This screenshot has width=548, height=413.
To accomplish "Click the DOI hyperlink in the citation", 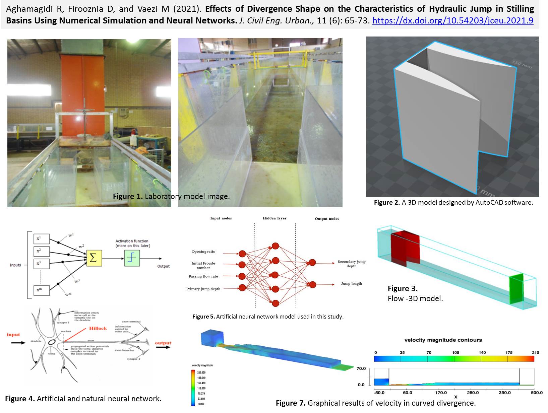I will pos(452,21).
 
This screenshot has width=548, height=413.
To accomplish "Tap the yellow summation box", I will pos(94,258).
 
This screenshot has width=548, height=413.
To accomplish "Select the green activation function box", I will pos(132,258).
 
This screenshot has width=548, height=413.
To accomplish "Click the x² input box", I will pos(42,251).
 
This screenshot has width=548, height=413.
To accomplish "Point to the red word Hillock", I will pos(98,328).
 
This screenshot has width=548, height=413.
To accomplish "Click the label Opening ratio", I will pos(203,252).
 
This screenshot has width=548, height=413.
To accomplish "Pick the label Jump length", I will pos(351,284).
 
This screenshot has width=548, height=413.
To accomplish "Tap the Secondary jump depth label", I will pos(351,264).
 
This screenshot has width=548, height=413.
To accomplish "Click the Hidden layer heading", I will pos(275,218).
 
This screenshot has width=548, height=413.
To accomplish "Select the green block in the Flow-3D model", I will pos(516,289).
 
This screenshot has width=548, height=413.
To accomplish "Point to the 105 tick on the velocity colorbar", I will pos(455,353).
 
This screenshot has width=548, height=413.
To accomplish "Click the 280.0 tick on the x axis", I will pos(473,393).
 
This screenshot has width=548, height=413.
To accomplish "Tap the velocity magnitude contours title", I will pos(443,340).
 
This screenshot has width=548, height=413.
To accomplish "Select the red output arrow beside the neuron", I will pos(163,347).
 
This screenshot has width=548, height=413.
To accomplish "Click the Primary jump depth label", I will pos(203,289).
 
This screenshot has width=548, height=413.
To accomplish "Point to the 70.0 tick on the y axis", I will pos(361,368).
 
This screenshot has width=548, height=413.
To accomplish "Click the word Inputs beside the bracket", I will pos(15,265).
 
